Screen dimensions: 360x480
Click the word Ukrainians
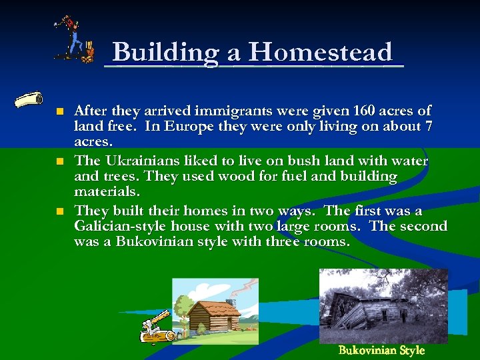tap(135, 161)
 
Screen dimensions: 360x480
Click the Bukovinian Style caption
tap(381, 351)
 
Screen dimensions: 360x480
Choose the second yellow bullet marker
tap(59, 161)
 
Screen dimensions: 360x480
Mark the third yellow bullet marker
tap(59, 211)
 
